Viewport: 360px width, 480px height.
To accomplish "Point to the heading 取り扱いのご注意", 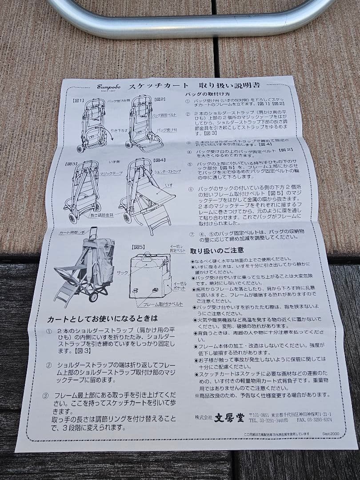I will click(216, 251).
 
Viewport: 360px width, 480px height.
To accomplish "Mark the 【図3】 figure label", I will click(72, 164).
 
